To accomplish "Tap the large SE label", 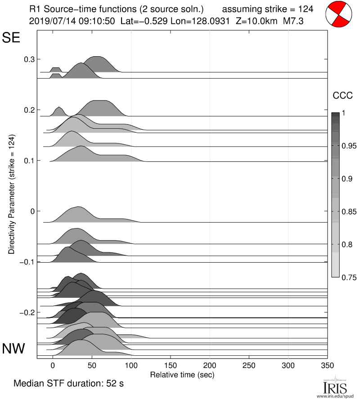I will click(x=12, y=38).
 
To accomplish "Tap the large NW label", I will click(x=14, y=349).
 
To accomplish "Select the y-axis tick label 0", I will click(x=32, y=211).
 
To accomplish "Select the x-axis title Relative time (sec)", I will click(x=182, y=374).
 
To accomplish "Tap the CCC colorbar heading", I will click(x=339, y=95).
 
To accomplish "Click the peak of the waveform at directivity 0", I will click(x=78, y=207).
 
